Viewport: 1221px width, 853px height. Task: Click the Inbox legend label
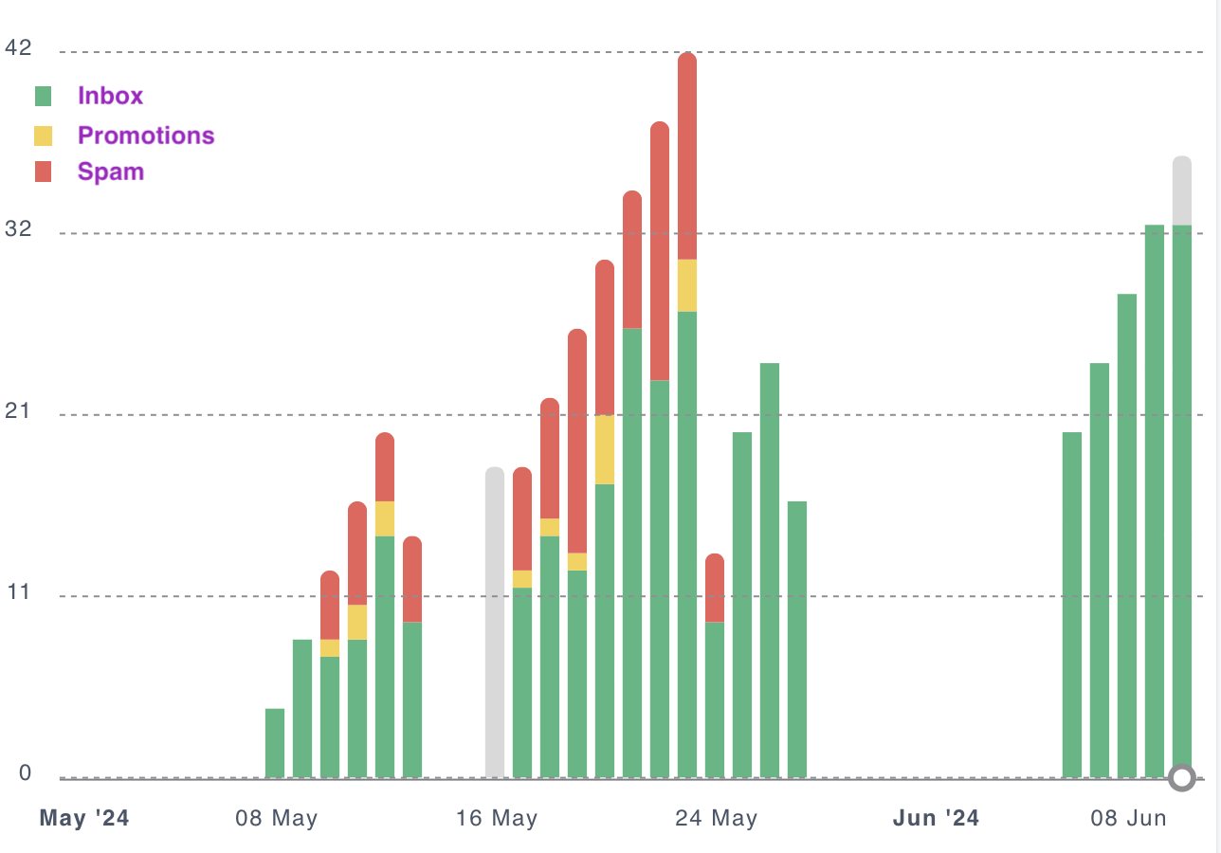[110, 96]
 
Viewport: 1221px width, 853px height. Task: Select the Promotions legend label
[146, 136]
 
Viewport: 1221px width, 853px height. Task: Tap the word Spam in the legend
[111, 172]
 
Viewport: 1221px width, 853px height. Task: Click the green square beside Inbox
[44, 96]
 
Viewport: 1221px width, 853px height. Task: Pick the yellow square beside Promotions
[44, 136]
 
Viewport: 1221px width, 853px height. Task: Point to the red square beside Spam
[44, 172]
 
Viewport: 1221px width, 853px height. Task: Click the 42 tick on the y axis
[18, 46]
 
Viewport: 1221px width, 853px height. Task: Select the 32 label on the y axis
[18, 228]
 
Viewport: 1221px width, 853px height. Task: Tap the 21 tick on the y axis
[18, 410]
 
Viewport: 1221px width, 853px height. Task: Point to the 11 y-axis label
[18, 591]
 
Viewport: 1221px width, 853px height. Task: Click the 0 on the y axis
[26, 773]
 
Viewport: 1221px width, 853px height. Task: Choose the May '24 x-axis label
[84, 818]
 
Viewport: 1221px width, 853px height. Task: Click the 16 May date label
[497, 818]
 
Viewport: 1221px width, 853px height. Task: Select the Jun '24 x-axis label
[937, 818]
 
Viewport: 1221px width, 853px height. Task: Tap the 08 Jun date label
[1127, 818]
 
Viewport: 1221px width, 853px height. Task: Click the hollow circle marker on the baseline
[1181, 778]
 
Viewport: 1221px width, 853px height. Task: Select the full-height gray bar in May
[495, 622]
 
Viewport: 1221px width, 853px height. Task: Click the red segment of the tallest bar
[687, 156]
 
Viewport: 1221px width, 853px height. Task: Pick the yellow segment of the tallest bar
[687, 285]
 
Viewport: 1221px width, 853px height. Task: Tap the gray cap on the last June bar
[1182, 191]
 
